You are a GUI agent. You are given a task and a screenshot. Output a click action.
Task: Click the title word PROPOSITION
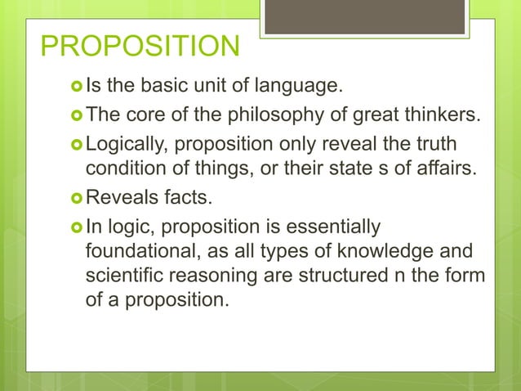140,47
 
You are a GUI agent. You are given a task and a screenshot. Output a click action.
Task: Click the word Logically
127,144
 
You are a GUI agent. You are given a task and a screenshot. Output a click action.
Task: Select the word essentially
335,226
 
